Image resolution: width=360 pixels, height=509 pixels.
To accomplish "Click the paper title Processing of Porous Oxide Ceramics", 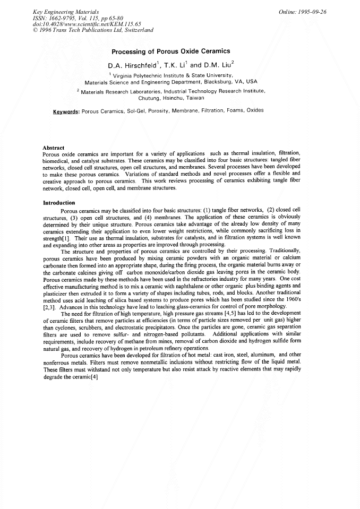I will [170, 51].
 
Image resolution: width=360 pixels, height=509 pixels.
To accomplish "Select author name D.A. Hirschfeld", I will [132, 66].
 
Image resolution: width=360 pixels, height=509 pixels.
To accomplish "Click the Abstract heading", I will [53, 148].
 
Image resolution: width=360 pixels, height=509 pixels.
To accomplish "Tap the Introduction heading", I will [58, 202].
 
